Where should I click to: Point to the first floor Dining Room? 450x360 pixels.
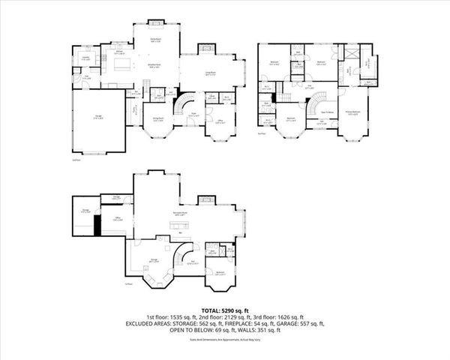click(x=159, y=118)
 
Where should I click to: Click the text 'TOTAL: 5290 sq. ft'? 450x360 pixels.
click(x=224, y=310)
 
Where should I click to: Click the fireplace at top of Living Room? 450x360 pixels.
click(x=206, y=49)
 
